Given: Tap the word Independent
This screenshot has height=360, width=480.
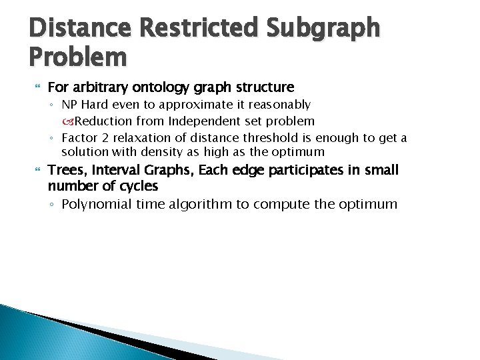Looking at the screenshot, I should [201, 121].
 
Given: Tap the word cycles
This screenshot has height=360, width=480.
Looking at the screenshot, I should [136, 186].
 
